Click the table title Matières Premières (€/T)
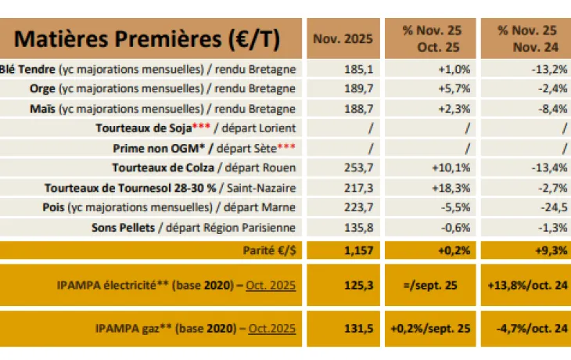tap(147, 38)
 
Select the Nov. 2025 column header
tap(343, 38)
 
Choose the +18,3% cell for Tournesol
tap(452, 187)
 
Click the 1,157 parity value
tap(357, 250)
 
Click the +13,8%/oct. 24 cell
tap(523, 286)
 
